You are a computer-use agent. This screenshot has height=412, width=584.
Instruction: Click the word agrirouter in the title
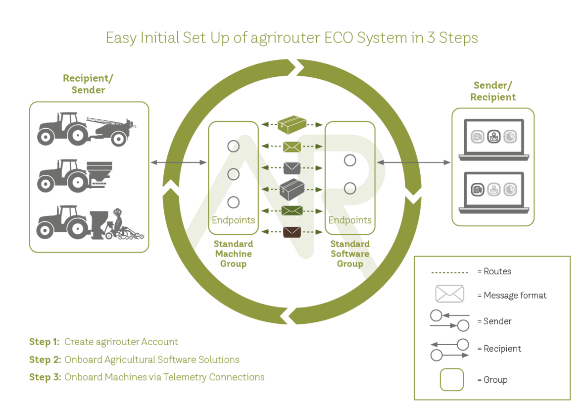[285, 38]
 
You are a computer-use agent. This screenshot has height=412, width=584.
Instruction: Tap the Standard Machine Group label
[234, 254]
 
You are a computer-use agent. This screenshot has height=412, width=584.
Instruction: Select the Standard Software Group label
[350, 254]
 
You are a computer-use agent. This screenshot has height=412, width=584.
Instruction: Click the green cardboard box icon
[292, 124]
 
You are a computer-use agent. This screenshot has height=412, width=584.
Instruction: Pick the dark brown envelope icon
[292, 232]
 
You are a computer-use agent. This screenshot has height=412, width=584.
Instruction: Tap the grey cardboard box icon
[292, 189]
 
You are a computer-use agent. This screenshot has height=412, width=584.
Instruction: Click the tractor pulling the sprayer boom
[87, 129]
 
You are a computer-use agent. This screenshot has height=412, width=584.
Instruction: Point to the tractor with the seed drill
[90, 222]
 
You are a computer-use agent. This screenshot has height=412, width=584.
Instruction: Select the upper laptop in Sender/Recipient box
[494, 140]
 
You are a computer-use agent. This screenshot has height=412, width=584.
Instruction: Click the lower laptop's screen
[494, 190]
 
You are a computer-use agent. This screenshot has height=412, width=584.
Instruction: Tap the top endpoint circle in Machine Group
[234, 147]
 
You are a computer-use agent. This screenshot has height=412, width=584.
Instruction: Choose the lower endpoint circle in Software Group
[350, 189]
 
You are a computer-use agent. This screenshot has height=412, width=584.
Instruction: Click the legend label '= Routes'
[494, 271]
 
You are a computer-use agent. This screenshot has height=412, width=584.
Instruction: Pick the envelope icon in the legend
[450, 294]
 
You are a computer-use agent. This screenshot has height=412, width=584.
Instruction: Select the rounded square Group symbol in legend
[452, 380]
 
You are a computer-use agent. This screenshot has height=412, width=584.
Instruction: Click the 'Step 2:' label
[45, 360]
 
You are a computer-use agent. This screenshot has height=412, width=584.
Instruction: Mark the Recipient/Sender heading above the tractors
[88, 84]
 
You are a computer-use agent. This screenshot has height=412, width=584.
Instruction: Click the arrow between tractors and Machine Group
[178, 162]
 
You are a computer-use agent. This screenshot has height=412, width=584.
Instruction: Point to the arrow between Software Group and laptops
[413, 162]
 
